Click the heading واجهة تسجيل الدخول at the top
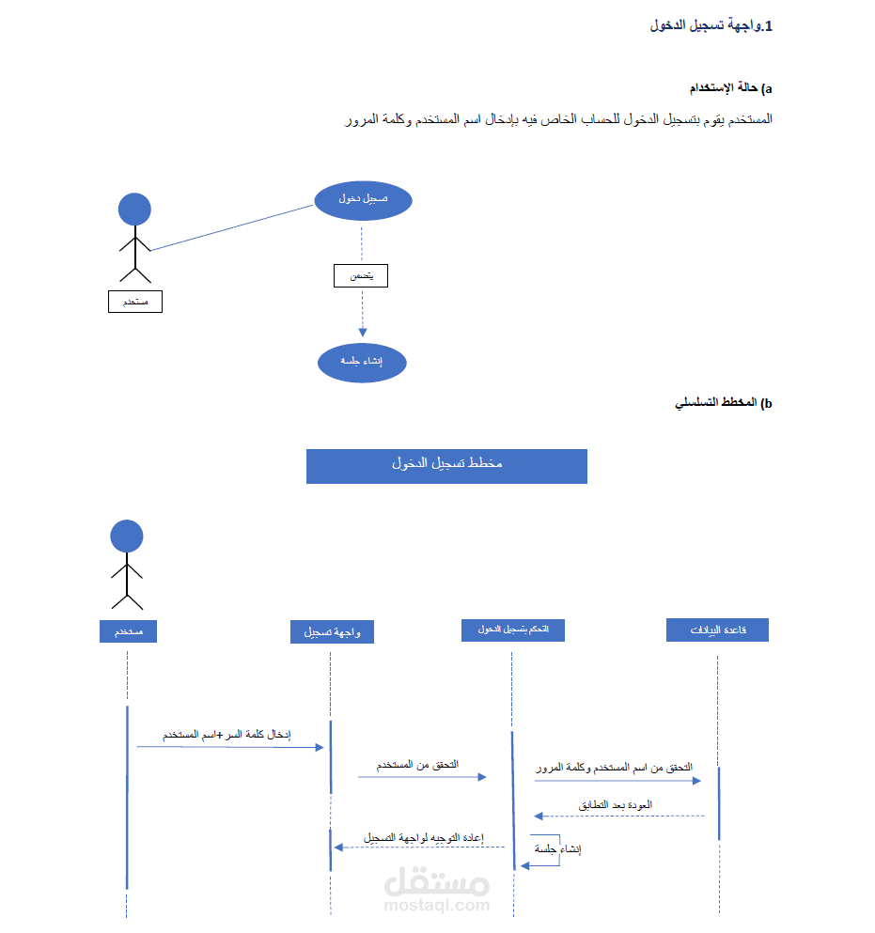click(711, 25)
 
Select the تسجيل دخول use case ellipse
click(363, 200)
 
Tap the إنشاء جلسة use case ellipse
click(362, 362)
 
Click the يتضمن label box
click(361, 276)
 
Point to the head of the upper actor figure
click(134, 209)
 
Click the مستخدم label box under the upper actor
click(135, 302)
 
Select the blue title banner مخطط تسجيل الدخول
click(446, 466)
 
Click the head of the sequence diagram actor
click(127, 536)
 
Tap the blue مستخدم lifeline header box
click(128, 631)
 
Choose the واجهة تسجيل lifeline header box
click(332, 632)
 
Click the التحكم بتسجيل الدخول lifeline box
click(512, 630)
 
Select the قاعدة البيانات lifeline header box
click(717, 630)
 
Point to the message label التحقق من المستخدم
click(418, 766)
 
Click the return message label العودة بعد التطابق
click(616, 805)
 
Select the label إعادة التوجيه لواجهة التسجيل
click(424, 836)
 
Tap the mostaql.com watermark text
click(437, 905)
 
